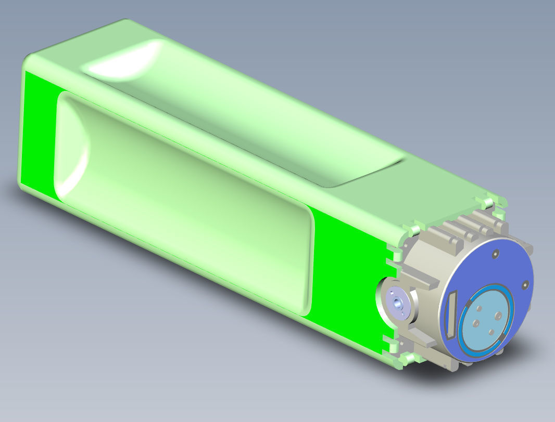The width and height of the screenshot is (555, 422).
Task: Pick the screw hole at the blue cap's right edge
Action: point(525,284)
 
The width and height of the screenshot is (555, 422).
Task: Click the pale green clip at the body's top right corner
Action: point(489,201)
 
